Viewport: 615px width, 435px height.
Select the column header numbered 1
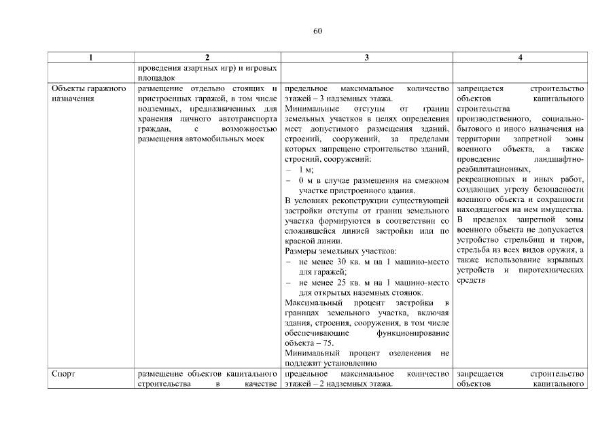point(92,58)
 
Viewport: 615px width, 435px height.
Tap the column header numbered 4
point(520,58)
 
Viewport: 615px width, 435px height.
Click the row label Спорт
point(63,374)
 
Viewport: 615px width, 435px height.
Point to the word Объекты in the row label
point(69,89)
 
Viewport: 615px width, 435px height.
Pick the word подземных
point(158,109)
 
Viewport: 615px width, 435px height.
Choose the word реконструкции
point(364,201)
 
